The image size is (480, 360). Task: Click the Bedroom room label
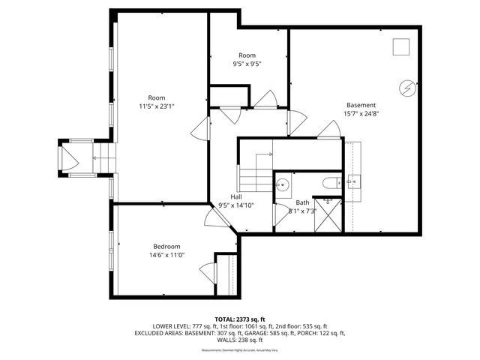point(166,247)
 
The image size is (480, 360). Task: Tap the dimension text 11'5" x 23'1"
point(156,106)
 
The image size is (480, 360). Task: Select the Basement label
point(361,105)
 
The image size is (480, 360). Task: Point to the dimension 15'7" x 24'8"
point(361,114)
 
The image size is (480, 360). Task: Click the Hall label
point(235,196)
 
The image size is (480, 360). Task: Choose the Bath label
point(302,202)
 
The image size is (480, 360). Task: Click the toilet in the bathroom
point(330,183)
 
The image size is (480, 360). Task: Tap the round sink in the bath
point(283,185)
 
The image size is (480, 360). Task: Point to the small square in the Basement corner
point(402,47)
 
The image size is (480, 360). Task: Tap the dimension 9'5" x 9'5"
point(247,64)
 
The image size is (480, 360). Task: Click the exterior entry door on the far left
point(67,158)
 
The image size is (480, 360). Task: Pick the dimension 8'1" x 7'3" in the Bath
point(301,211)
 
